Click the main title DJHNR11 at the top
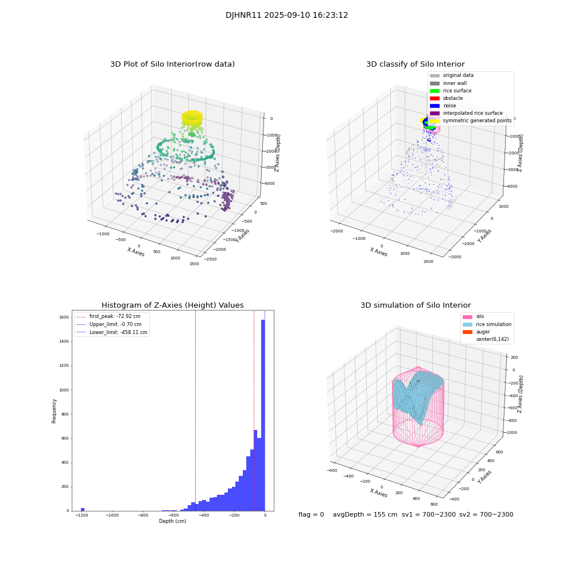point(286,15)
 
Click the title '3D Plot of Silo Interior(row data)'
point(172,64)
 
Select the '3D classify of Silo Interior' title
point(415,64)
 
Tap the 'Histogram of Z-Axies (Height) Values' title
point(172,305)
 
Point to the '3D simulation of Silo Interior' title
point(415,305)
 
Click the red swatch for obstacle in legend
point(435,98)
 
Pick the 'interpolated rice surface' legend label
point(472,113)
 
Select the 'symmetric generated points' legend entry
point(476,121)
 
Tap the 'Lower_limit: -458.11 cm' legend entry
point(118,332)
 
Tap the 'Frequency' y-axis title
point(55,410)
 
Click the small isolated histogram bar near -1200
point(83,509)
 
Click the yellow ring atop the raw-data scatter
point(192,118)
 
